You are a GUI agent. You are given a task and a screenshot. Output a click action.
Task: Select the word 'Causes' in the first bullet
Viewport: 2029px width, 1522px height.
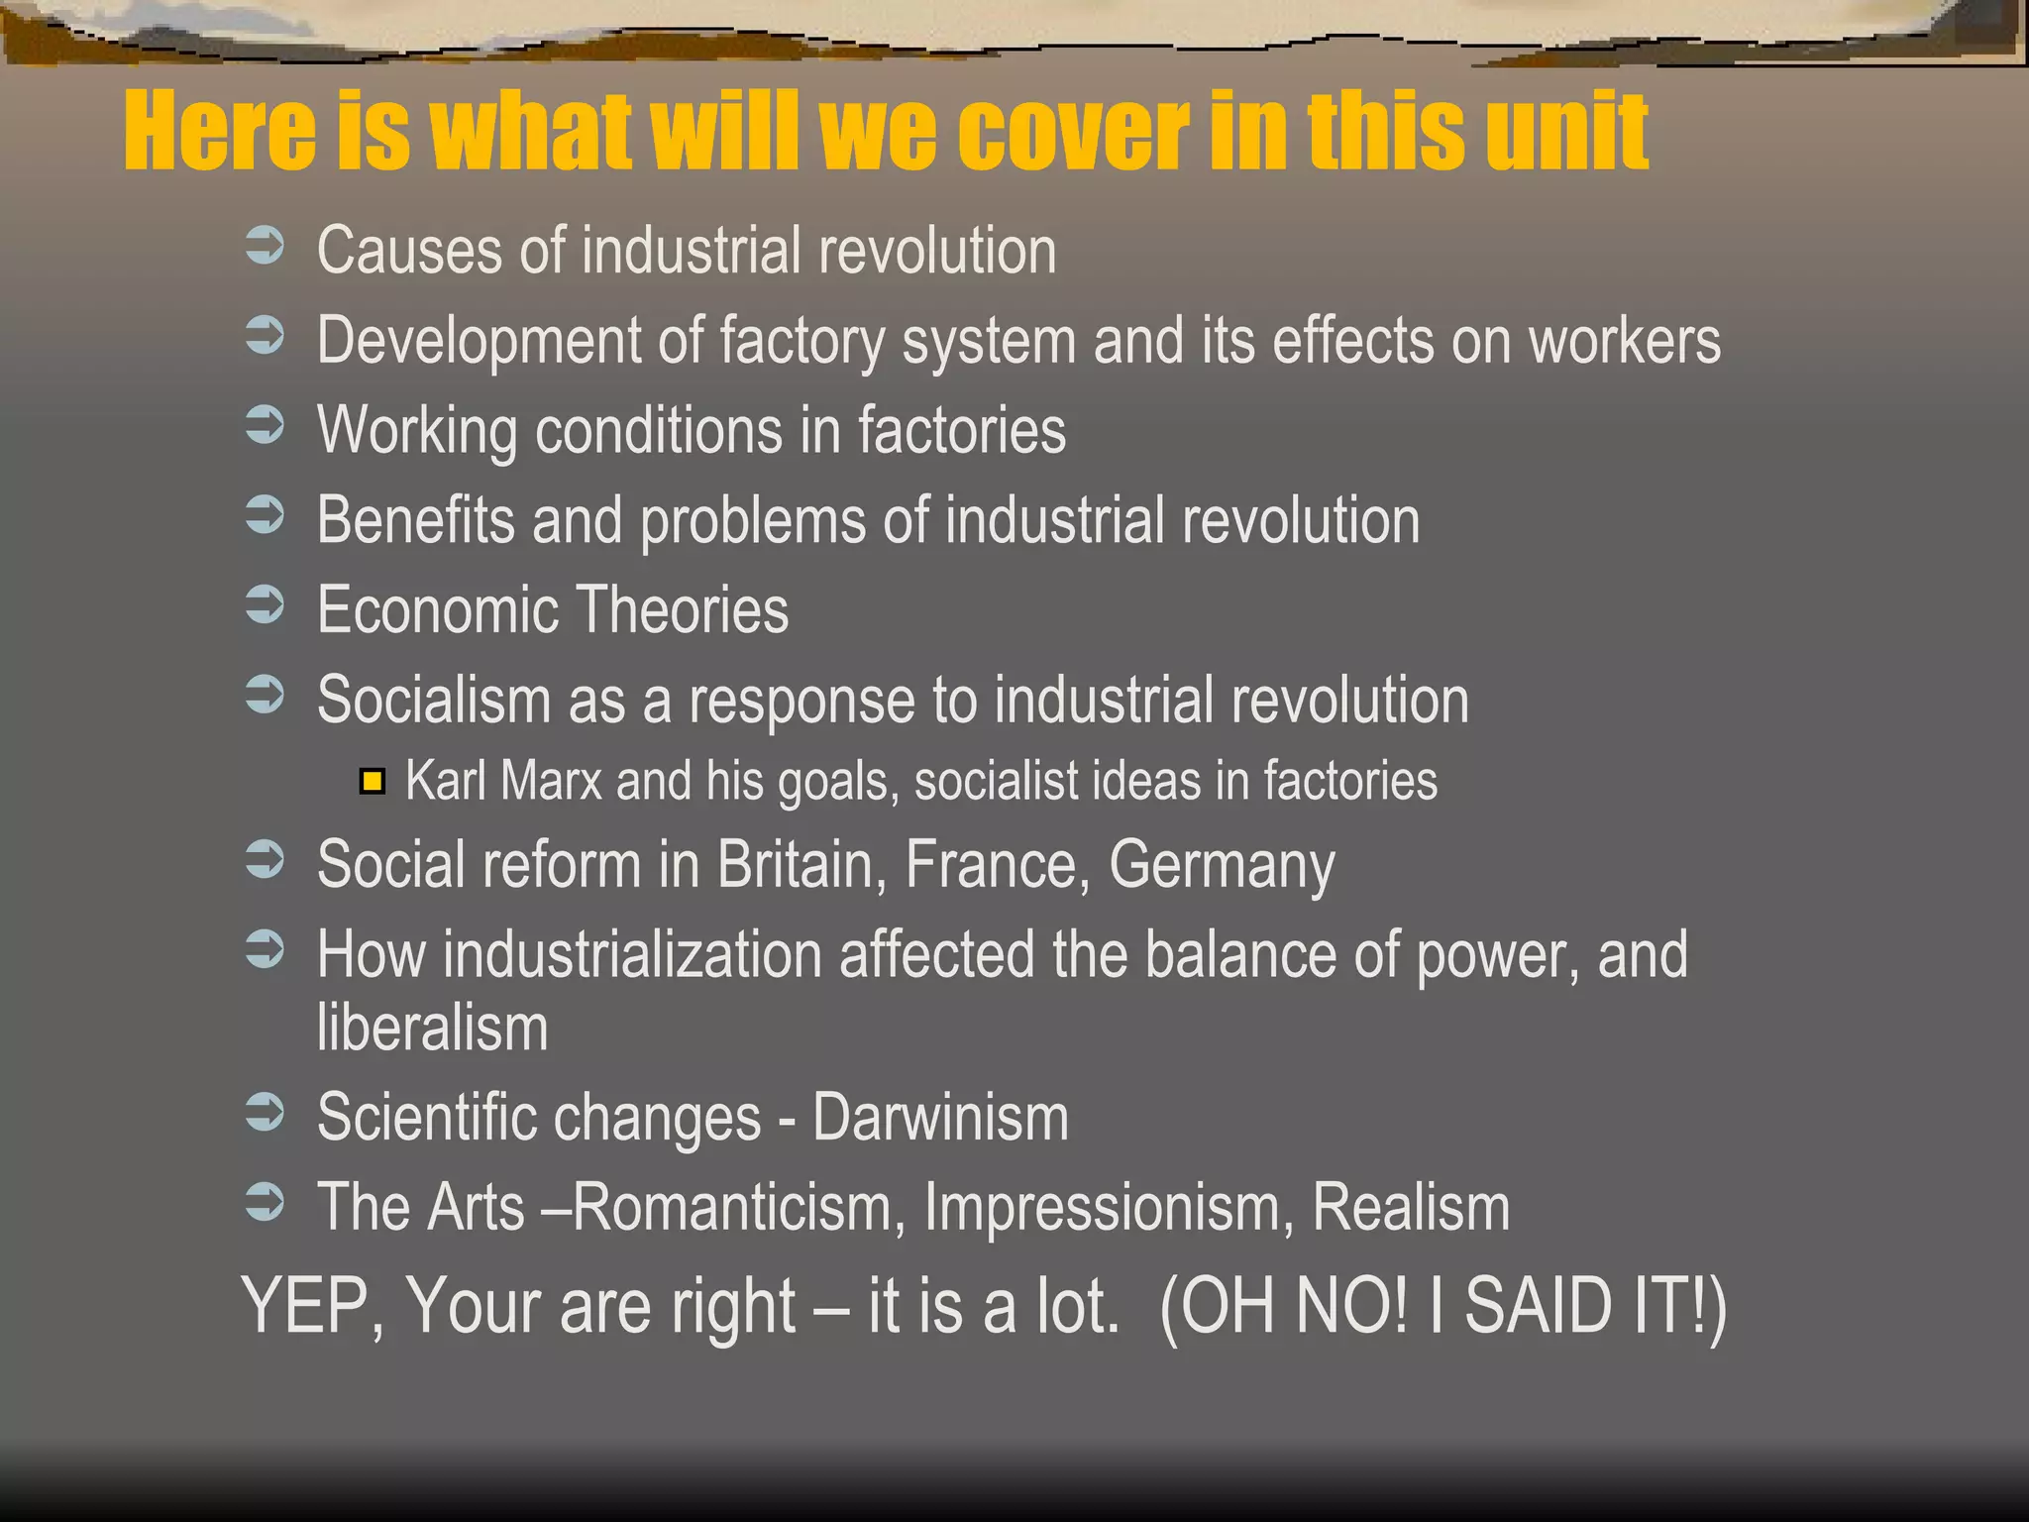(x=409, y=250)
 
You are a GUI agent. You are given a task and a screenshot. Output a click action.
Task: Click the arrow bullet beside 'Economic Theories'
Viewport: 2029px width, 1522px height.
(x=265, y=604)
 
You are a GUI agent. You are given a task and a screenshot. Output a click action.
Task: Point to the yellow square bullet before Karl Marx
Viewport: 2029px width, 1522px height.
(x=373, y=782)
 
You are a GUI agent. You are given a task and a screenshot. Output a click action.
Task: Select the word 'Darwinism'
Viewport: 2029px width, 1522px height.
(x=940, y=1118)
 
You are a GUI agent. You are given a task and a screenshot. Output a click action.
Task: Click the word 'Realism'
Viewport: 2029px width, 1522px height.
(x=1411, y=1208)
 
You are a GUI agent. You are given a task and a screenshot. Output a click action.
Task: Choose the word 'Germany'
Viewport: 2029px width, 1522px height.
(x=1222, y=866)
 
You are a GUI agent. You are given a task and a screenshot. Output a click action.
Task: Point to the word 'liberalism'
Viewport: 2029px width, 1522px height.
(x=432, y=1028)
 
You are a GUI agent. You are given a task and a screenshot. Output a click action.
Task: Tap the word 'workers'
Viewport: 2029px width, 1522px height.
(x=1625, y=341)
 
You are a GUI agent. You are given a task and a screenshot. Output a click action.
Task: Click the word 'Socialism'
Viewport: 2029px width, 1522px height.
(x=434, y=700)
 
